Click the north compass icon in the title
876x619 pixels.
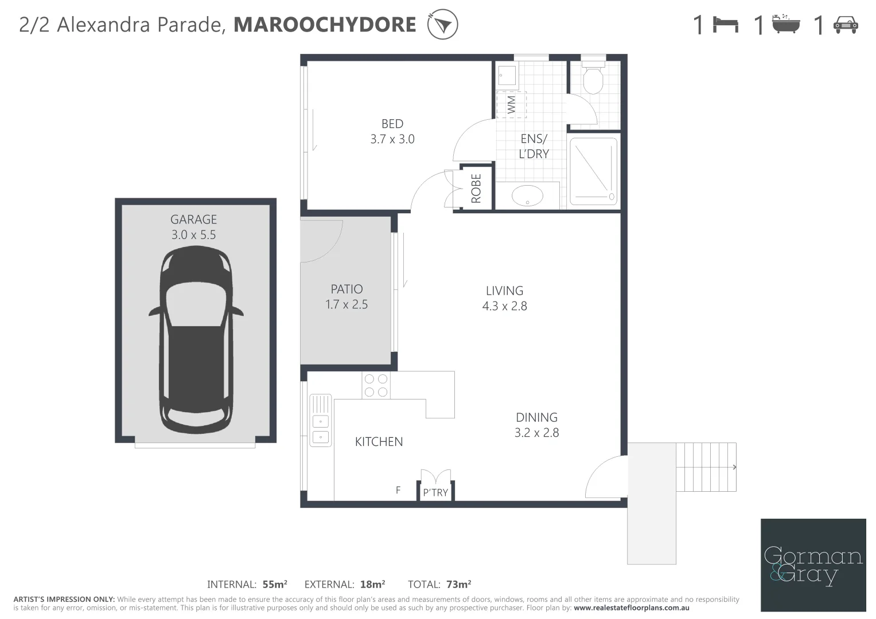coord(442,25)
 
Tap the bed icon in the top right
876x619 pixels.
coord(726,25)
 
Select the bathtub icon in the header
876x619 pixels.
coord(785,25)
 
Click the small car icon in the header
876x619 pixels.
coord(846,25)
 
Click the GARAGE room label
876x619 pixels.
coord(193,220)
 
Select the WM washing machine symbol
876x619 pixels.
coord(511,104)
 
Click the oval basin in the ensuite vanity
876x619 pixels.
coord(527,195)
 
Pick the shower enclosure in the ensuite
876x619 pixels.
coord(593,170)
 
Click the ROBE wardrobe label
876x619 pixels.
coord(476,189)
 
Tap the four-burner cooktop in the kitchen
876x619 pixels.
coord(376,385)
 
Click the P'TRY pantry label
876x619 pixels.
coord(435,492)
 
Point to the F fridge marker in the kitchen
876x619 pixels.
coord(398,490)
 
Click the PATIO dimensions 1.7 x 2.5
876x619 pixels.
coord(346,304)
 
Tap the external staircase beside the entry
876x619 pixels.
coord(706,467)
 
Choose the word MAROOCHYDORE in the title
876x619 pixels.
coord(325,25)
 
